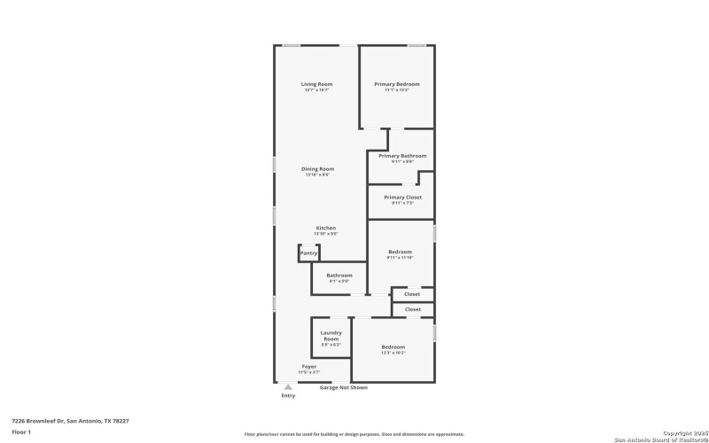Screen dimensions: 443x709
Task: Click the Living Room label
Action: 316,84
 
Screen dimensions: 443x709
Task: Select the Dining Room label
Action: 317,168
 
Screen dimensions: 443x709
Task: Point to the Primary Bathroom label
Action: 402,156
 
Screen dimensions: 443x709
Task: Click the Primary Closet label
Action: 402,197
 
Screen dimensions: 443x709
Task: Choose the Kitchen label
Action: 326,228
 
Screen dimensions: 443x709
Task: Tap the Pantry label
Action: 308,253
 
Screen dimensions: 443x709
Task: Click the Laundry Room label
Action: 331,336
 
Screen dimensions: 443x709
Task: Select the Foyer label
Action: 309,366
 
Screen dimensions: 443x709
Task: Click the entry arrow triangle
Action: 287,387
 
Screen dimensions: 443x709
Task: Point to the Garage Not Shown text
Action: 344,387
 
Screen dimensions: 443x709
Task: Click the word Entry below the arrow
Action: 288,395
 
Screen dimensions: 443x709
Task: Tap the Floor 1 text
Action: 22,431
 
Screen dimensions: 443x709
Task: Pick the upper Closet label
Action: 412,294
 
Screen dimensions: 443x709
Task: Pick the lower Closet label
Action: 413,309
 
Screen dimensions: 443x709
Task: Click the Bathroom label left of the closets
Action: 339,276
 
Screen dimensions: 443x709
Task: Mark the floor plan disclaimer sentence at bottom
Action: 354,434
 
